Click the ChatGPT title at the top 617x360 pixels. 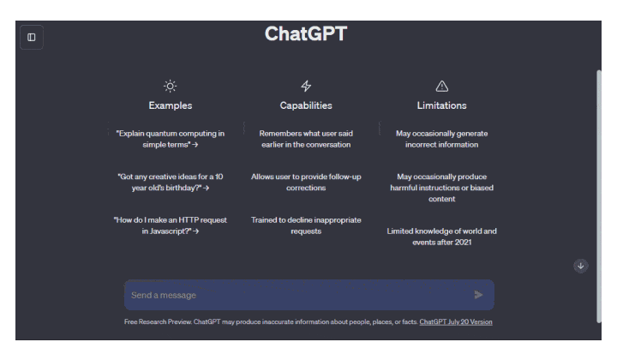pyautogui.click(x=306, y=33)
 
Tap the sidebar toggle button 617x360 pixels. pyautogui.click(x=32, y=38)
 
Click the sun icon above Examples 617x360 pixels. pyautogui.click(x=171, y=87)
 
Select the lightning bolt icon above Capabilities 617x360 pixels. pyautogui.click(x=306, y=86)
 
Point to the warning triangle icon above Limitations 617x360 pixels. pyautogui.click(x=442, y=87)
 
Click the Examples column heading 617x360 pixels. pyautogui.click(x=171, y=105)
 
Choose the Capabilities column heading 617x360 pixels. pyautogui.click(x=306, y=105)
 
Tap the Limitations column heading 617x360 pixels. pyautogui.click(x=442, y=105)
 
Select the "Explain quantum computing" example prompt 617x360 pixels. pyautogui.click(x=171, y=139)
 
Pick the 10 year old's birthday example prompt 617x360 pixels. pyautogui.click(x=171, y=183)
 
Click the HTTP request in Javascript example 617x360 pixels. pyautogui.click(x=171, y=225)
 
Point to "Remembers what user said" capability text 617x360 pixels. pyautogui.click(x=306, y=139)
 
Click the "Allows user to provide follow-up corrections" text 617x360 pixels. pyautogui.click(x=306, y=183)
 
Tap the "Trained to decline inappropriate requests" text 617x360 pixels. pyautogui.click(x=306, y=225)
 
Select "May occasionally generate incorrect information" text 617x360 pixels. pyautogui.click(x=442, y=139)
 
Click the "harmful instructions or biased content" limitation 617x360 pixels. pyautogui.click(x=442, y=193)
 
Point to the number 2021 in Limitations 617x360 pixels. pyautogui.click(x=463, y=243)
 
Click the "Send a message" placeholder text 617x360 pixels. pyautogui.click(x=164, y=295)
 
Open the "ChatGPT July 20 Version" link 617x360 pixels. pyautogui.click(x=456, y=321)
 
